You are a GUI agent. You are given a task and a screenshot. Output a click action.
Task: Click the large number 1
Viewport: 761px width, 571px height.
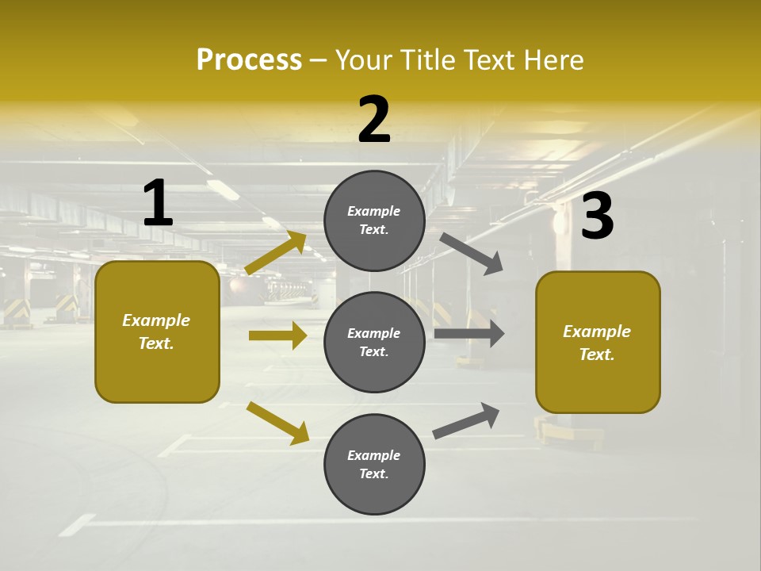[x=158, y=203]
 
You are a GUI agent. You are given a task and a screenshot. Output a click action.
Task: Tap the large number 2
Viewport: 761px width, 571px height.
[x=374, y=120]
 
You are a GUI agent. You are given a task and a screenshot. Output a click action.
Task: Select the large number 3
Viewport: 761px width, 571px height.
[x=597, y=217]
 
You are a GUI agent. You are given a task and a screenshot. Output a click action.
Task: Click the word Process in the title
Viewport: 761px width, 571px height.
[x=249, y=59]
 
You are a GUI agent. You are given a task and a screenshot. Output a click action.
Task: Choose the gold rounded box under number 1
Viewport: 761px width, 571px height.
[x=157, y=331]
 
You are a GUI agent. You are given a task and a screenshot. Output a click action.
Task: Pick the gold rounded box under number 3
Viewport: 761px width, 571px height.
[x=598, y=342]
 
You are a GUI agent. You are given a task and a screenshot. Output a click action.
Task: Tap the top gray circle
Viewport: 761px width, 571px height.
[x=374, y=220]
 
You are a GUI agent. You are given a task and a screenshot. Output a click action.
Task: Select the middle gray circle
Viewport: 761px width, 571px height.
[x=374, y=342]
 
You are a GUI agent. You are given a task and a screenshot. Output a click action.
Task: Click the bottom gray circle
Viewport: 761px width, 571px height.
[x=374, y=464]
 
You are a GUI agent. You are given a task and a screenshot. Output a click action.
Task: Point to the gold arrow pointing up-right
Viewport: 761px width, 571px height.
[x=276, y=253]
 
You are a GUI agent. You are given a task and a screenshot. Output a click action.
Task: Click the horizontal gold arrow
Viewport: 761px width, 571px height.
[x=277, y=335]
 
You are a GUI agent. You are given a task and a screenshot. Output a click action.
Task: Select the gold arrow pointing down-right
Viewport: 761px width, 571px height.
[x=277, y=423]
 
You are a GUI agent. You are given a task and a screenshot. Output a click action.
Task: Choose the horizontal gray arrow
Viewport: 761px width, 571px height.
[x=469, y=334]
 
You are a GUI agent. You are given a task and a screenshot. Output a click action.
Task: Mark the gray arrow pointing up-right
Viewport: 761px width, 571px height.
[x=466, y=420]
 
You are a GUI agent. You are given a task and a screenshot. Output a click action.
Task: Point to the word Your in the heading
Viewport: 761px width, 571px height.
[x=361, y=59]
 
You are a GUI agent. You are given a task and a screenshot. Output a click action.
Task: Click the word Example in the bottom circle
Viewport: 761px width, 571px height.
[x=374, y=455]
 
